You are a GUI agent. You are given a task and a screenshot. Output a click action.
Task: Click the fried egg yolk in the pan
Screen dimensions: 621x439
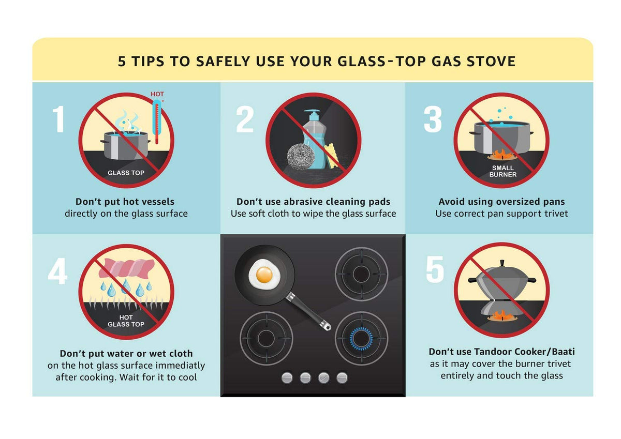click(264, 274)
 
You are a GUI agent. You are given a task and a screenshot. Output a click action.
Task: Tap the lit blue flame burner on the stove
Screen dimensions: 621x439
click(361, 338)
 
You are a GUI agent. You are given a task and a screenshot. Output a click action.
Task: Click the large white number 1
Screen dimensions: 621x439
click(58, 119)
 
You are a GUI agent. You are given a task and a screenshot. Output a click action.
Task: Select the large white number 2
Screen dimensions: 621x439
click(245, 119)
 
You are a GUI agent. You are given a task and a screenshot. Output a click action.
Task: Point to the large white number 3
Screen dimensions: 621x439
click(433, 119)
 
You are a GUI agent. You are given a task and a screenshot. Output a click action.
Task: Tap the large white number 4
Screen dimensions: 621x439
click(57, 271)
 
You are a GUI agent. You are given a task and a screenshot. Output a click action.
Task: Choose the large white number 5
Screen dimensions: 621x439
click(435, 269)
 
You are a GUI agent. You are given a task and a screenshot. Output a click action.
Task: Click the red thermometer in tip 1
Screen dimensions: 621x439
click(157, 122)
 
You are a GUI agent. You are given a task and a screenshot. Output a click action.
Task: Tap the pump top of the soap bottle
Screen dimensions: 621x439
click(312, 114)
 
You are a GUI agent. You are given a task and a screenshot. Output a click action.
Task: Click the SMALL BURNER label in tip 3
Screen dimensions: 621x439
click(503, 171)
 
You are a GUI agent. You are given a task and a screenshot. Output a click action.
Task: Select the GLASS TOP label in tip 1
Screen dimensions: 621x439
click(126, 173)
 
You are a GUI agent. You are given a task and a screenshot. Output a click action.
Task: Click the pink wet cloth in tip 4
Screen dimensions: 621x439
click(126, 268)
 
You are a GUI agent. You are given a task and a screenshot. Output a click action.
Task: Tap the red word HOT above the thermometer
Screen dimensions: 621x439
click(157, 94)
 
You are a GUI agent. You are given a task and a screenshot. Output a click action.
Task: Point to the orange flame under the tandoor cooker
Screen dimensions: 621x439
click(502, 315)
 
